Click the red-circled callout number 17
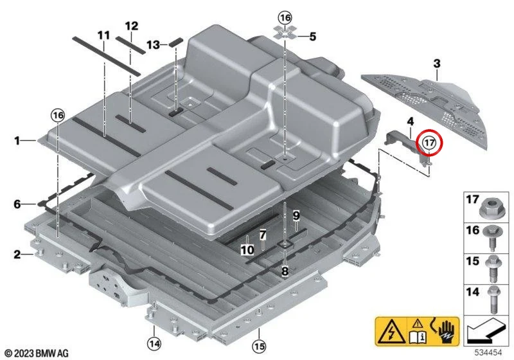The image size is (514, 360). [429, 143]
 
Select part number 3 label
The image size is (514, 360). [437, 64]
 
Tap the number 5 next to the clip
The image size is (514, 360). [313, 37]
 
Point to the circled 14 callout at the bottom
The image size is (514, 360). [154, 344]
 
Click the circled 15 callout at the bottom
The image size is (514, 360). [259, 346]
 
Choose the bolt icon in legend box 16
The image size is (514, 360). [492, 239]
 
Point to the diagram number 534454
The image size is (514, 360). [488, 353]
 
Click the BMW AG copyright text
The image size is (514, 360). [37, 353]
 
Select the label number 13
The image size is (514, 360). [153, 44]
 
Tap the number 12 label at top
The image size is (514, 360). [132, 26]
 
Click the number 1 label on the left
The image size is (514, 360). [17, 141]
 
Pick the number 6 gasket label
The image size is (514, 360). [17, 204]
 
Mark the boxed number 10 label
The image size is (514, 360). [247, 250]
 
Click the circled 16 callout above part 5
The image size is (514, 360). [285, 17]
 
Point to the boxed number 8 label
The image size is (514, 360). [285, 271]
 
